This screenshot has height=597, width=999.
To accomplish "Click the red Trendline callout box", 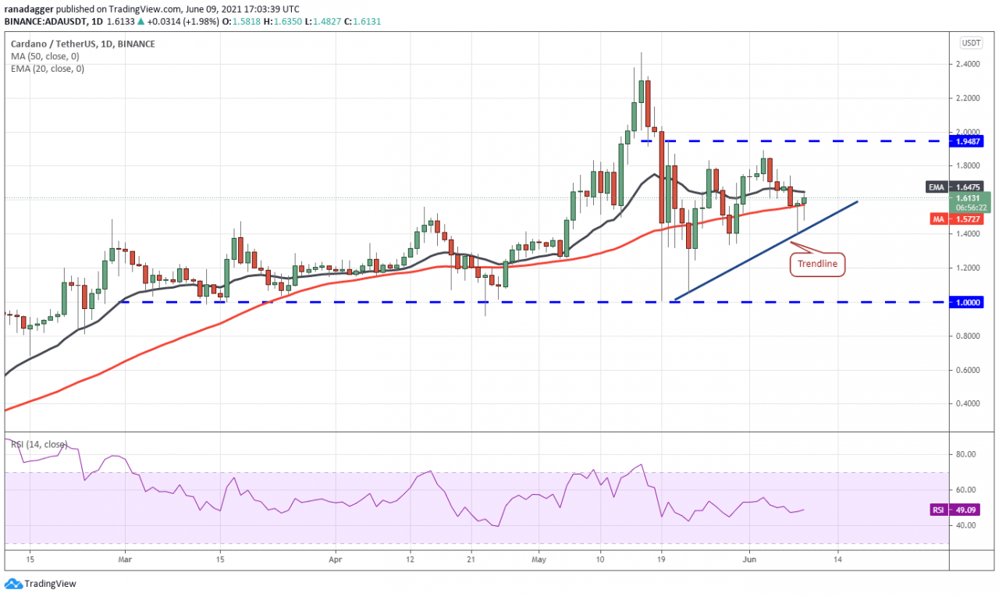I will (x=817, y=264).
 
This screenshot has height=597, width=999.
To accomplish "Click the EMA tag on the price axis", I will (x=936, y=187).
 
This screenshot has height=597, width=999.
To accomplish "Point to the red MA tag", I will (x=939, y=219).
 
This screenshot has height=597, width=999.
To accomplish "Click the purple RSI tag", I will (x=938, y=510).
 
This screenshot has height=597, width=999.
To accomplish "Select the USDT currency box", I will (x=971, y=43).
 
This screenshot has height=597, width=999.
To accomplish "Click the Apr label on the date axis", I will (x=336, y=559).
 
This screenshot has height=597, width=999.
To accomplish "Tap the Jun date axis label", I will (x=749, y=559).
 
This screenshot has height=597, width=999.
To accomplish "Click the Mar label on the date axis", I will (x=125, y=559).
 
